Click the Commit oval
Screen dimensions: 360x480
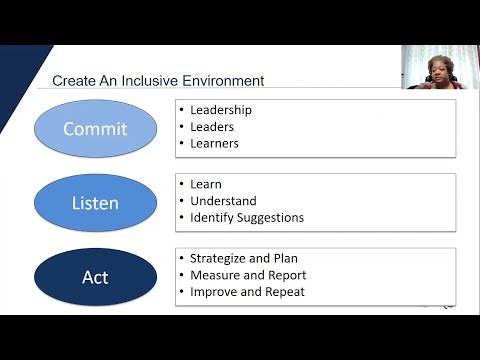tap(96, 129)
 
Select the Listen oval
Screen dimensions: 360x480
tap(96, 203)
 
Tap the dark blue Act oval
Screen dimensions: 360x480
tap(96, 277)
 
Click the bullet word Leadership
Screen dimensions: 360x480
tap(221, 110)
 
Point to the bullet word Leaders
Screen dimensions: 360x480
tap(212, 127)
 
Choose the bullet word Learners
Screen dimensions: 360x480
tap(214, 144)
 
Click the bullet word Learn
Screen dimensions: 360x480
tap(205, 184)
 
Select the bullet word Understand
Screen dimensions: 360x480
tap(222, 201)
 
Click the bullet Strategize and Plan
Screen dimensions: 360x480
tap(243, 258)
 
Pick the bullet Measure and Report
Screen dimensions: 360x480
tap(247, 275)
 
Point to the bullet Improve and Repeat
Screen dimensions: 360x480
tap(247, 292)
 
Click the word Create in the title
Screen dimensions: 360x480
tap(71, 80)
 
